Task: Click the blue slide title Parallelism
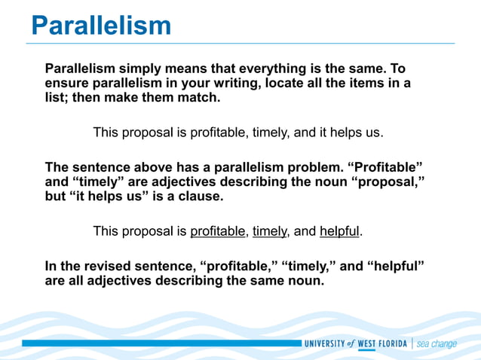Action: (101, 26)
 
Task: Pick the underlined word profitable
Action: (218, 231)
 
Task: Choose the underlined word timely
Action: (269, 231)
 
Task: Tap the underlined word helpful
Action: (339, 231)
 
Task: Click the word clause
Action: (200, 196)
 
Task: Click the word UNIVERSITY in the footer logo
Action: (324, 343)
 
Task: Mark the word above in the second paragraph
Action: (152, 167)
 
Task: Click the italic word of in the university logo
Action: (351, 343)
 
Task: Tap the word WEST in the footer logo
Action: (366, 343)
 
